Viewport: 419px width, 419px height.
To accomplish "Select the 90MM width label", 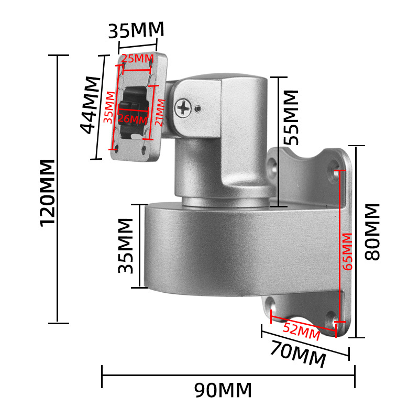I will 223,390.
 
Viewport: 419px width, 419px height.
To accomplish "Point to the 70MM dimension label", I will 297,353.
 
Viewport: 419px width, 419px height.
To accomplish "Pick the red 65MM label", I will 348,251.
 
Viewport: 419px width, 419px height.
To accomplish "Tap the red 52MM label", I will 301,329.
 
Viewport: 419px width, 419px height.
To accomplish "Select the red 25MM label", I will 137,59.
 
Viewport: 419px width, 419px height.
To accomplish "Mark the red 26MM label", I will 133,119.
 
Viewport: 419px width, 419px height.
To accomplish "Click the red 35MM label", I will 108,107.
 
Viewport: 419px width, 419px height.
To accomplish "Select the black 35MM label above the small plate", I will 136,30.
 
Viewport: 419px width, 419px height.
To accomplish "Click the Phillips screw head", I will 184,108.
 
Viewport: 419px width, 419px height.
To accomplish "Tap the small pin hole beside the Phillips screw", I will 198,109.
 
